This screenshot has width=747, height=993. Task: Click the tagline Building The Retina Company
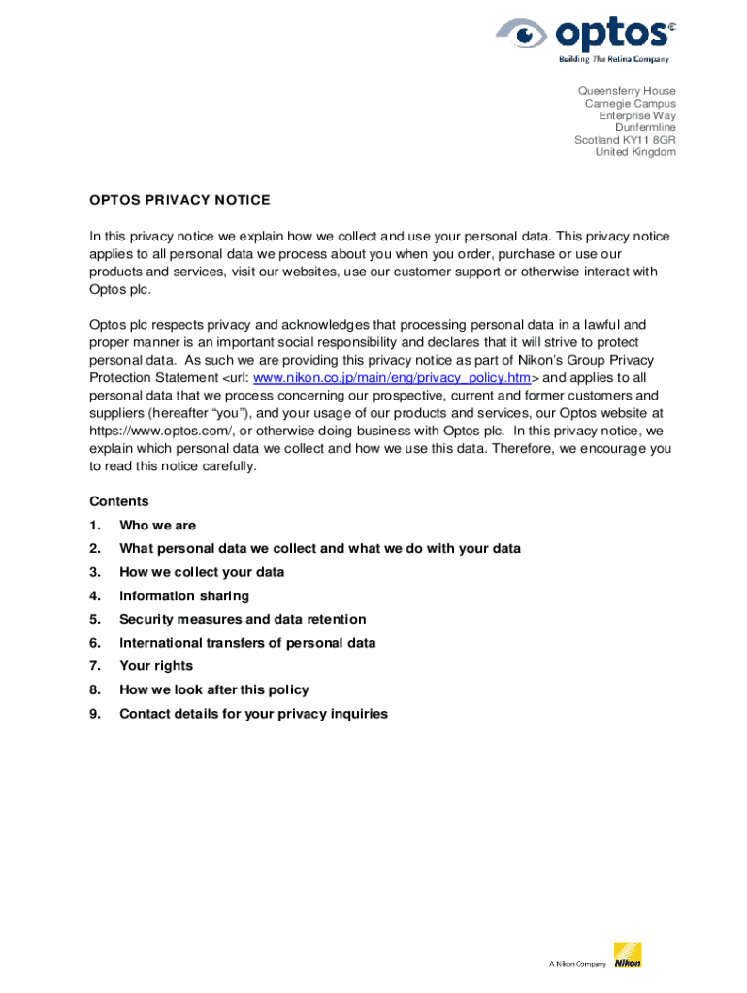tap(613, 59)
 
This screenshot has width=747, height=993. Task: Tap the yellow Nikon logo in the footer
tap(628, 955)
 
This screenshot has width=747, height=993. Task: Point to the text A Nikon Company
tap(577, 964)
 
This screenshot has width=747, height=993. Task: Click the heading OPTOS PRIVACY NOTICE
tap(179, 200)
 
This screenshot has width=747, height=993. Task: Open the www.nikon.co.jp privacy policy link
tap(392, 377)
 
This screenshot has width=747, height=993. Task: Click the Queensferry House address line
tap(627, 91)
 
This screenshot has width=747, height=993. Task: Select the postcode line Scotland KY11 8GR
tap(625, 140)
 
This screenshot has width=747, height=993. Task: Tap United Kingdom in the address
tap(635, 152)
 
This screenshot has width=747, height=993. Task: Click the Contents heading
tap(119, 501)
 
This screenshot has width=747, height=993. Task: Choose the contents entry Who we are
tap(157, 525)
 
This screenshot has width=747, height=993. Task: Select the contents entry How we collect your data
tap(202, 572)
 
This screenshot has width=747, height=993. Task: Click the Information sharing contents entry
tap(184, 595)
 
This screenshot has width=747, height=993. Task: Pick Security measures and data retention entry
tap(243, 619)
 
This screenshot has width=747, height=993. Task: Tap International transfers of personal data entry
tap(247, 643)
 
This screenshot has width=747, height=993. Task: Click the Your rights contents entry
tap(156, 666)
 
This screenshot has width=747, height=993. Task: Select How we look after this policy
tap(213, 689)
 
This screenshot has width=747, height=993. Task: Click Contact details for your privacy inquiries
tap(253, 714)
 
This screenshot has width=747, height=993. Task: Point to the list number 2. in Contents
tap(95, 549)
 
